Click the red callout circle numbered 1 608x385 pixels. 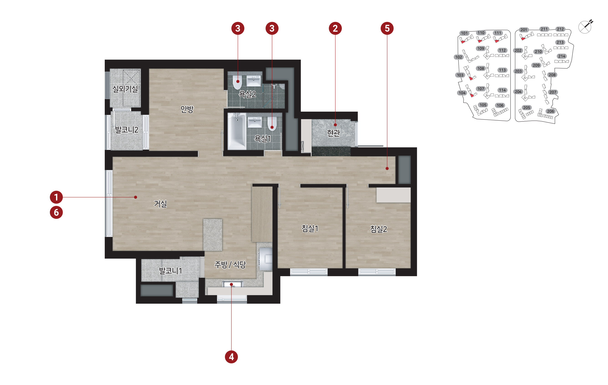(56, 197)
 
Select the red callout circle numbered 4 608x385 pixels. (231, 357)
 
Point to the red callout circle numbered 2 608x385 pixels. (335, 28)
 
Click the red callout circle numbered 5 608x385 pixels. (387, 28)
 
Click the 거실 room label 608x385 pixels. (160, 204)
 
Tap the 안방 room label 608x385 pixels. (187, 109)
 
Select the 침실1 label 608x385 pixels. (310, 228)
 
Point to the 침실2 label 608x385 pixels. (378, 229)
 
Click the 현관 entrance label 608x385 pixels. (334, 133)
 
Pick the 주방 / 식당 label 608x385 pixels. (230, 265)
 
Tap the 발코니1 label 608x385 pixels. (170, 271)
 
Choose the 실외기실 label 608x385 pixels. (125, 89)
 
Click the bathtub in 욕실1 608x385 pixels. (237, 131)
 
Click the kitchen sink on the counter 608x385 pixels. (232, 285)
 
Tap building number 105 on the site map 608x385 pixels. (483, 105)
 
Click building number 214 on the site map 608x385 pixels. (562, 56)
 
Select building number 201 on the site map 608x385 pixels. (524, 30)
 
